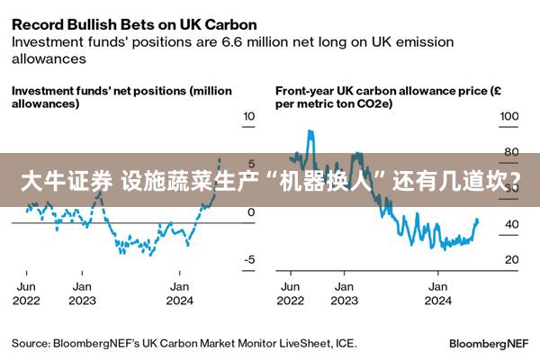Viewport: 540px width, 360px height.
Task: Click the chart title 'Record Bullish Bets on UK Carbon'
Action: pos(134,22)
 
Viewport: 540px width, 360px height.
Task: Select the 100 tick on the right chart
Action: pos(509,116)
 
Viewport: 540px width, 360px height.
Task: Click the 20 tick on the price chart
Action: pos(510,259)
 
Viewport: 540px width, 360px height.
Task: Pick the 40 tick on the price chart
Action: pos(510,224)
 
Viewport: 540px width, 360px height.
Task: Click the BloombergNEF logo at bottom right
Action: pos(489,343)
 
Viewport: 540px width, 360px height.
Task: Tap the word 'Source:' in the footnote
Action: pos(30,343)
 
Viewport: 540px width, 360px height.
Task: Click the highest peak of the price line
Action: pos(310,131)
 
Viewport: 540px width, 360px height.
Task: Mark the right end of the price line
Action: pos(478,220)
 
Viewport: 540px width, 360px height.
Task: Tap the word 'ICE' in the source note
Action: pos(346,343)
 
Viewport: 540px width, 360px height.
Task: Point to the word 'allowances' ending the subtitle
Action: pos(49,58)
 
